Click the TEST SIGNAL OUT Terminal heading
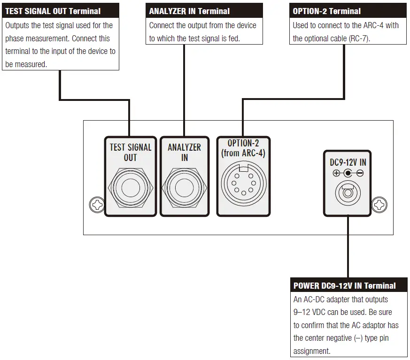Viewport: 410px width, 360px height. coord(53,11)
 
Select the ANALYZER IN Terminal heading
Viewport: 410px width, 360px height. coord(189,11)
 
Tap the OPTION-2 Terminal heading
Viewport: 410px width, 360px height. coord(327,11)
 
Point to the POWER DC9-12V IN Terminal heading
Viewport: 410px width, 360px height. coord(344,285)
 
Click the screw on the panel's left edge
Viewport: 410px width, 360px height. coord(96,205)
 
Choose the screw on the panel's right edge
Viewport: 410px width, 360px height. coord(379,205)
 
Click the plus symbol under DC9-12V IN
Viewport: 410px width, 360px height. coord(336,173)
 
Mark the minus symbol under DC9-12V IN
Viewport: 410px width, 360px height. coord(359,173)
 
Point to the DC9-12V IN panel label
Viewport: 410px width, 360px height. coord(348,162)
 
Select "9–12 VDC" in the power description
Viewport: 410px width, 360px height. coord(311,312)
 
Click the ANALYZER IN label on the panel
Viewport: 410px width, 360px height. coord(184,152)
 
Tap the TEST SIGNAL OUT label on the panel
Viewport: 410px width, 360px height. coord(130,152)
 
